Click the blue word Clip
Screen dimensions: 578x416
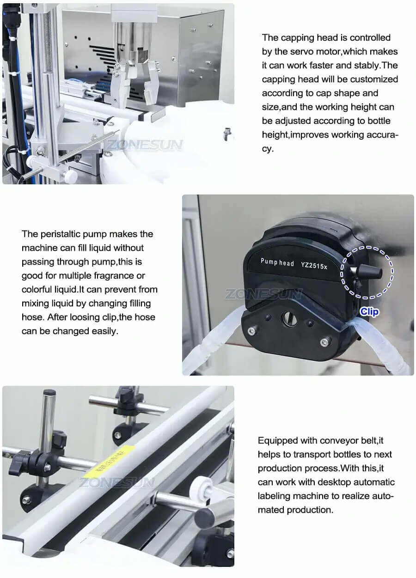[369, 312]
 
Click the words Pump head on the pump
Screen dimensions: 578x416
[277, 262]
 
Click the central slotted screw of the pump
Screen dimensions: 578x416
[290, 319]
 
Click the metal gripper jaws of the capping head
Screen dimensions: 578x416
[134, 81]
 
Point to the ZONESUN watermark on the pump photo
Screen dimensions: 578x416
[263, 294]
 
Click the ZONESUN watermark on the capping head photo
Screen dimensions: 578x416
[144, 145]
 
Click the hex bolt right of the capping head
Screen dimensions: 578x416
[227, 134]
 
